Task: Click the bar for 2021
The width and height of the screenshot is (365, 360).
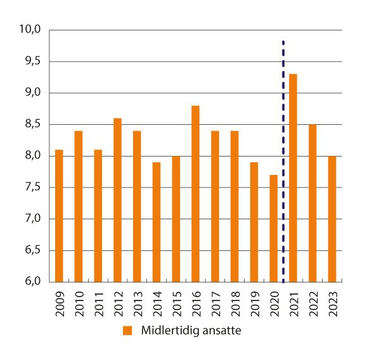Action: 293,178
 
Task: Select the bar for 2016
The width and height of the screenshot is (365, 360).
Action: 195,194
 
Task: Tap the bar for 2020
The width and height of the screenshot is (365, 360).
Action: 273,228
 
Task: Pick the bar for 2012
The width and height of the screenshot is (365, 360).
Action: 117,200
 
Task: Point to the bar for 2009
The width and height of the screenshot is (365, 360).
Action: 59,215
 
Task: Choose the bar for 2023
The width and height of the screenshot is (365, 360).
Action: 331,219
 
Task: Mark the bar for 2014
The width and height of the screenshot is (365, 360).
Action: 157,222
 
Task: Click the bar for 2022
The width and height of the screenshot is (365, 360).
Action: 312,203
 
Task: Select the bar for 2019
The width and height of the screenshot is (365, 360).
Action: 254,222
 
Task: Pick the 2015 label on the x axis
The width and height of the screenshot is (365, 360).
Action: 176,301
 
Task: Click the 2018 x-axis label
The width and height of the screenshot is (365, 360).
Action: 234,301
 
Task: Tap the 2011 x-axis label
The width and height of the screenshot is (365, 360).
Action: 98,301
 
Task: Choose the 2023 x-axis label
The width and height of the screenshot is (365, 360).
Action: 332,301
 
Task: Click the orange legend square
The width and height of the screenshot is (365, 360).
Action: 127,331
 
